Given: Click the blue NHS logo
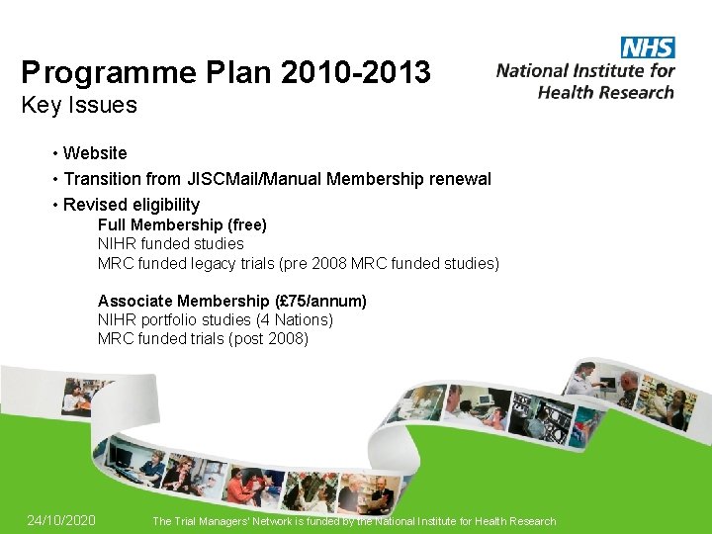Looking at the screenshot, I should (x=648, y=46).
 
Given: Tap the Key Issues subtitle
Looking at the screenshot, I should (x=79, y=105).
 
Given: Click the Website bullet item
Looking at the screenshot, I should (x=95, y=153).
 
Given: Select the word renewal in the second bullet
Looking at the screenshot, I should (x=456, y=179).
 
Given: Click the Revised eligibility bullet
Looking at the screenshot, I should (x=132, y=205).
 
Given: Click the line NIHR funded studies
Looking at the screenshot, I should (x=170, y=243).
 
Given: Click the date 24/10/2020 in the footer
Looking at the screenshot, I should (x=61, y=520).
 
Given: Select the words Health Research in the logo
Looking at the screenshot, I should (x=605, y=92).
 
